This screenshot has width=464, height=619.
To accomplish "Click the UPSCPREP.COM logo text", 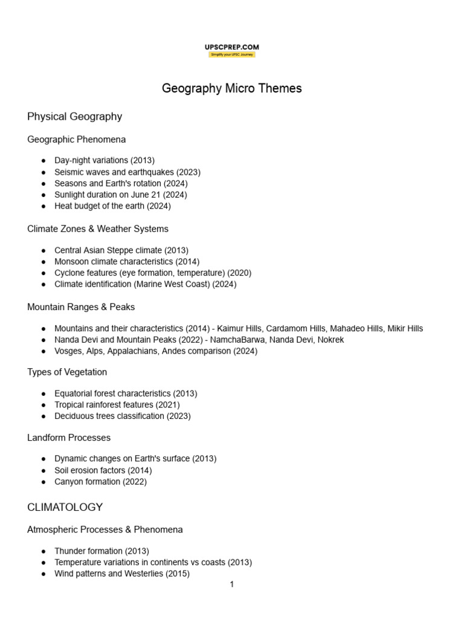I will (x=232, y=47).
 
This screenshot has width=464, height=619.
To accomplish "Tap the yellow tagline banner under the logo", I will (x=232, y=54).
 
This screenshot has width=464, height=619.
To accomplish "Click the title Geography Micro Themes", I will (x=231, y=88).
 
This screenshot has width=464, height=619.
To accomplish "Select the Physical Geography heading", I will (x=74, y=117).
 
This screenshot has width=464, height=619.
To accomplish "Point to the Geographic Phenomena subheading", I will (x=76, y=140).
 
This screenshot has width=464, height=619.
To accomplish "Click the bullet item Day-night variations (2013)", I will (x=105, y=160).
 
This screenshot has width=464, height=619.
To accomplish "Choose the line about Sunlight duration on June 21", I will (x=120, y=195).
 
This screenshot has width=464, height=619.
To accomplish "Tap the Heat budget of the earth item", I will (x=112, y=206).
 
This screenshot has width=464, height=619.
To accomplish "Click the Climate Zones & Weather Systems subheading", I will (x=97, y=229).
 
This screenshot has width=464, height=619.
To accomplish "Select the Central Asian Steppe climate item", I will (x=121, y=250).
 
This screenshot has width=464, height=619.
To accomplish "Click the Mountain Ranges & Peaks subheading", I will (x=81, y=307).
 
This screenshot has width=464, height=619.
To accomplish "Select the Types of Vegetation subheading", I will (x=67, y=372).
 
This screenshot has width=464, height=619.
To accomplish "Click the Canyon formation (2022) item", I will (x=100, y=482).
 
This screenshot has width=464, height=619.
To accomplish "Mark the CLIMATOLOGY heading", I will (x=65, y=507).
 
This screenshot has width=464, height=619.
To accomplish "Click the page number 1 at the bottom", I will (x=231, y=585).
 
